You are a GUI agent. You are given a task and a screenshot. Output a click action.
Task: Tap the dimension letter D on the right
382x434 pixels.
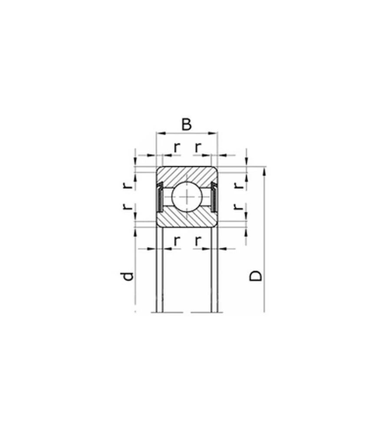(x=256, y=276)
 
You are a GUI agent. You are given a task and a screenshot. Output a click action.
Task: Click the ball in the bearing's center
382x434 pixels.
(x=187, y=197)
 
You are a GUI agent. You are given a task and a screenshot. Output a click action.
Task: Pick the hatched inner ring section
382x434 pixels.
(x=187, y=219)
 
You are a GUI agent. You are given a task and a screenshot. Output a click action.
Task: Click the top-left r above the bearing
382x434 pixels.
(x=177, y=148)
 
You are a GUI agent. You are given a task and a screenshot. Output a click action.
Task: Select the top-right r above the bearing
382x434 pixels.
(x=197, y=148)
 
